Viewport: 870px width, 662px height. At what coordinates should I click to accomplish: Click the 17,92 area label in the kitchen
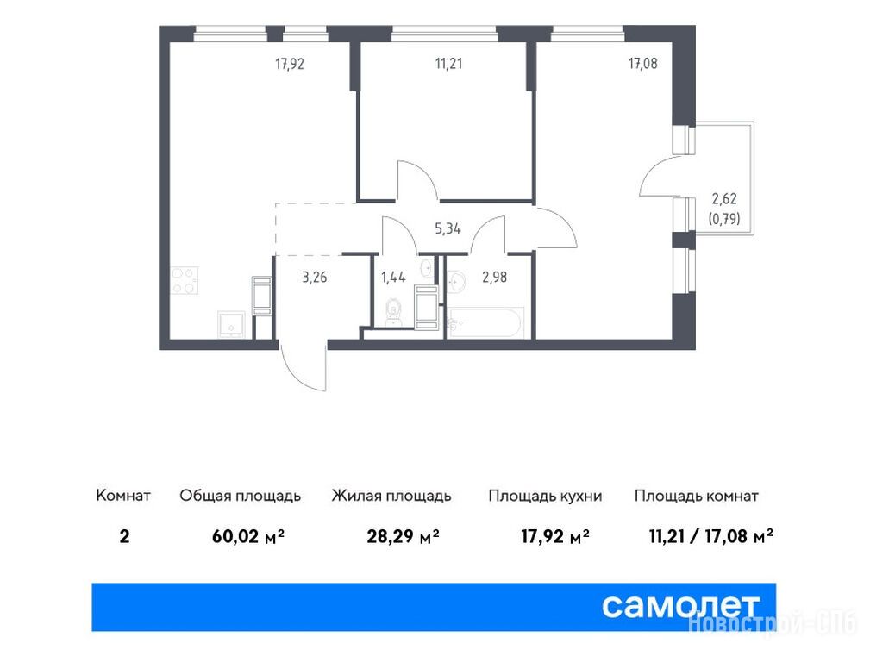click(x=290, y=64)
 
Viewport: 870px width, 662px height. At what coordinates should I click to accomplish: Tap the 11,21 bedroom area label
click(x=448, y=63)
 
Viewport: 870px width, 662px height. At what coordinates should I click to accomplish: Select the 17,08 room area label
click(x=642, y=63)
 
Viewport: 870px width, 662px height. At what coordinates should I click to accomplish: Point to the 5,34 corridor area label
click(x=448, y=228)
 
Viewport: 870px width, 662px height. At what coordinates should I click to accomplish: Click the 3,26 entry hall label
click(x=315, y=277)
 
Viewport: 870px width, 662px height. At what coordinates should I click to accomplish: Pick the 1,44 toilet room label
click(x=393, y=277)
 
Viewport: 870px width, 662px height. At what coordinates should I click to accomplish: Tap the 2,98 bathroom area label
click(x=494, y=277)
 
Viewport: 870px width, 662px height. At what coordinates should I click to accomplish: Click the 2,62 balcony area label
click(x=724, y=198)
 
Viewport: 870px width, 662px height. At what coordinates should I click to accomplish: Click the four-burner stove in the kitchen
click(x=185, y=281)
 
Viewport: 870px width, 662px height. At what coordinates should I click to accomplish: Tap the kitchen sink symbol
click(x=231, y=324)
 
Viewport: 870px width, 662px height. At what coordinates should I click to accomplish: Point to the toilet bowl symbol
click(x=394, y=310)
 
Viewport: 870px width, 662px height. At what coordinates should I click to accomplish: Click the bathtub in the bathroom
click(x=485, y=323)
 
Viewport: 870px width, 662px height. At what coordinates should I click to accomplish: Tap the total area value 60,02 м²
click(x=248, y=536)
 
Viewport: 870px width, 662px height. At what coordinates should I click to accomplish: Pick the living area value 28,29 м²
click(x=403, y=536)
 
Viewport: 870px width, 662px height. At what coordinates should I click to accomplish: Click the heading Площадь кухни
click(x=545, y=496)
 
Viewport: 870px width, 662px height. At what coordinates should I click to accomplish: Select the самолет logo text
click(x=680, y=606)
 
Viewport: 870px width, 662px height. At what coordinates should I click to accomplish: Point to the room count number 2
click(x=124, y=536)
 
